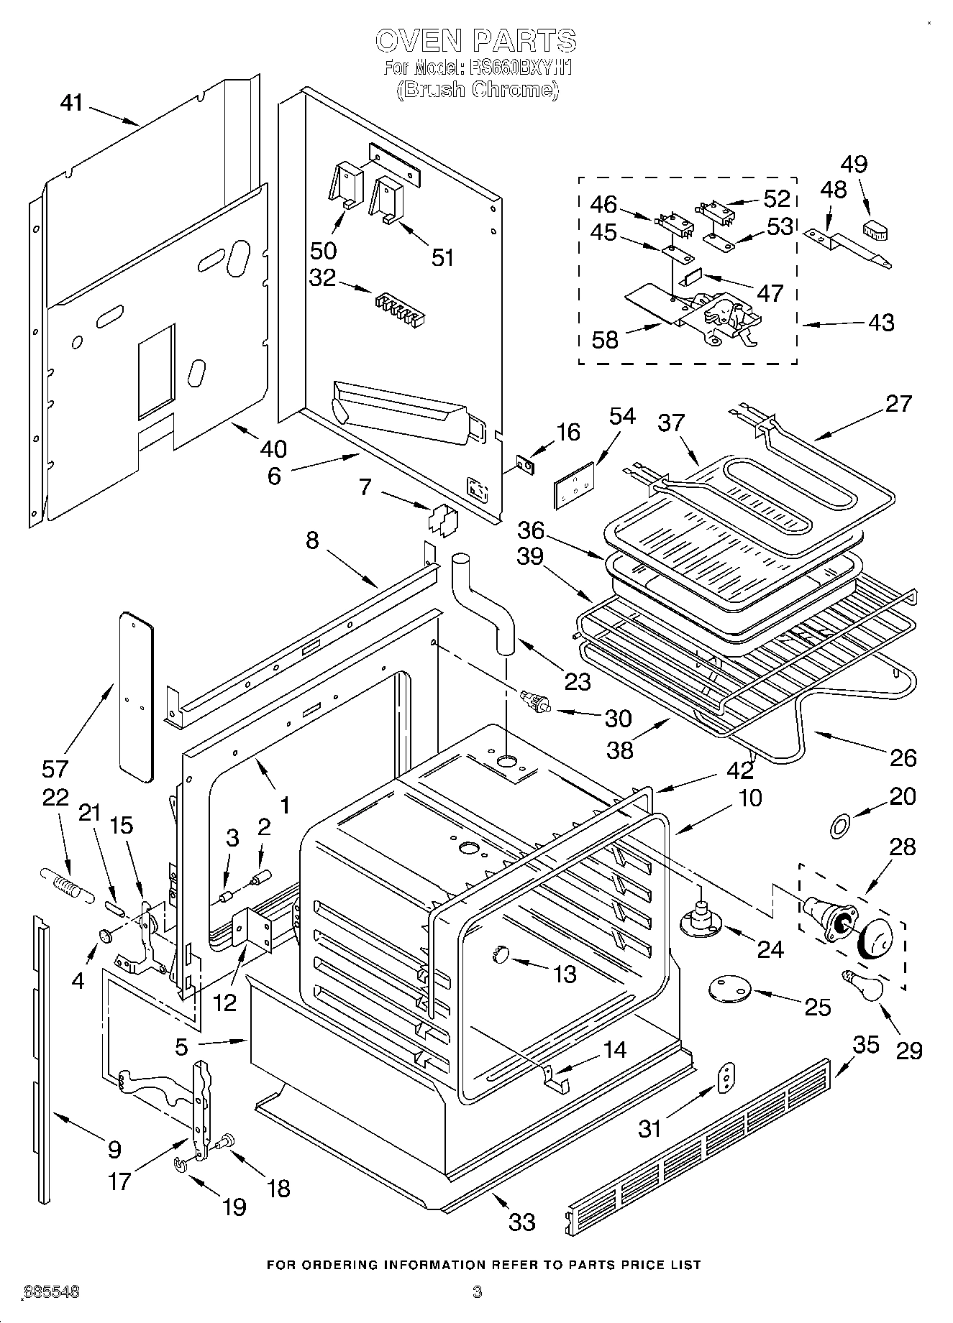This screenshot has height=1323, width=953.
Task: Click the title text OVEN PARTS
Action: tap(475, 40)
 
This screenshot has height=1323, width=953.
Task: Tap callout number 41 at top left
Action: tap(71, 103)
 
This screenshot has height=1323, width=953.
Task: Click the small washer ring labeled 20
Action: tap(839, 827)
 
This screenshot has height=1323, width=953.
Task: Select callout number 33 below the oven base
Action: tap(521, 1222)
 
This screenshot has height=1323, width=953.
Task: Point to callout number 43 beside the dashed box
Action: tap(880, 322)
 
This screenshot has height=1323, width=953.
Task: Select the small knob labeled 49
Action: tap(875, 231)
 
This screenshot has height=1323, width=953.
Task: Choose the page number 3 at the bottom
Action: tap(476, 1291)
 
